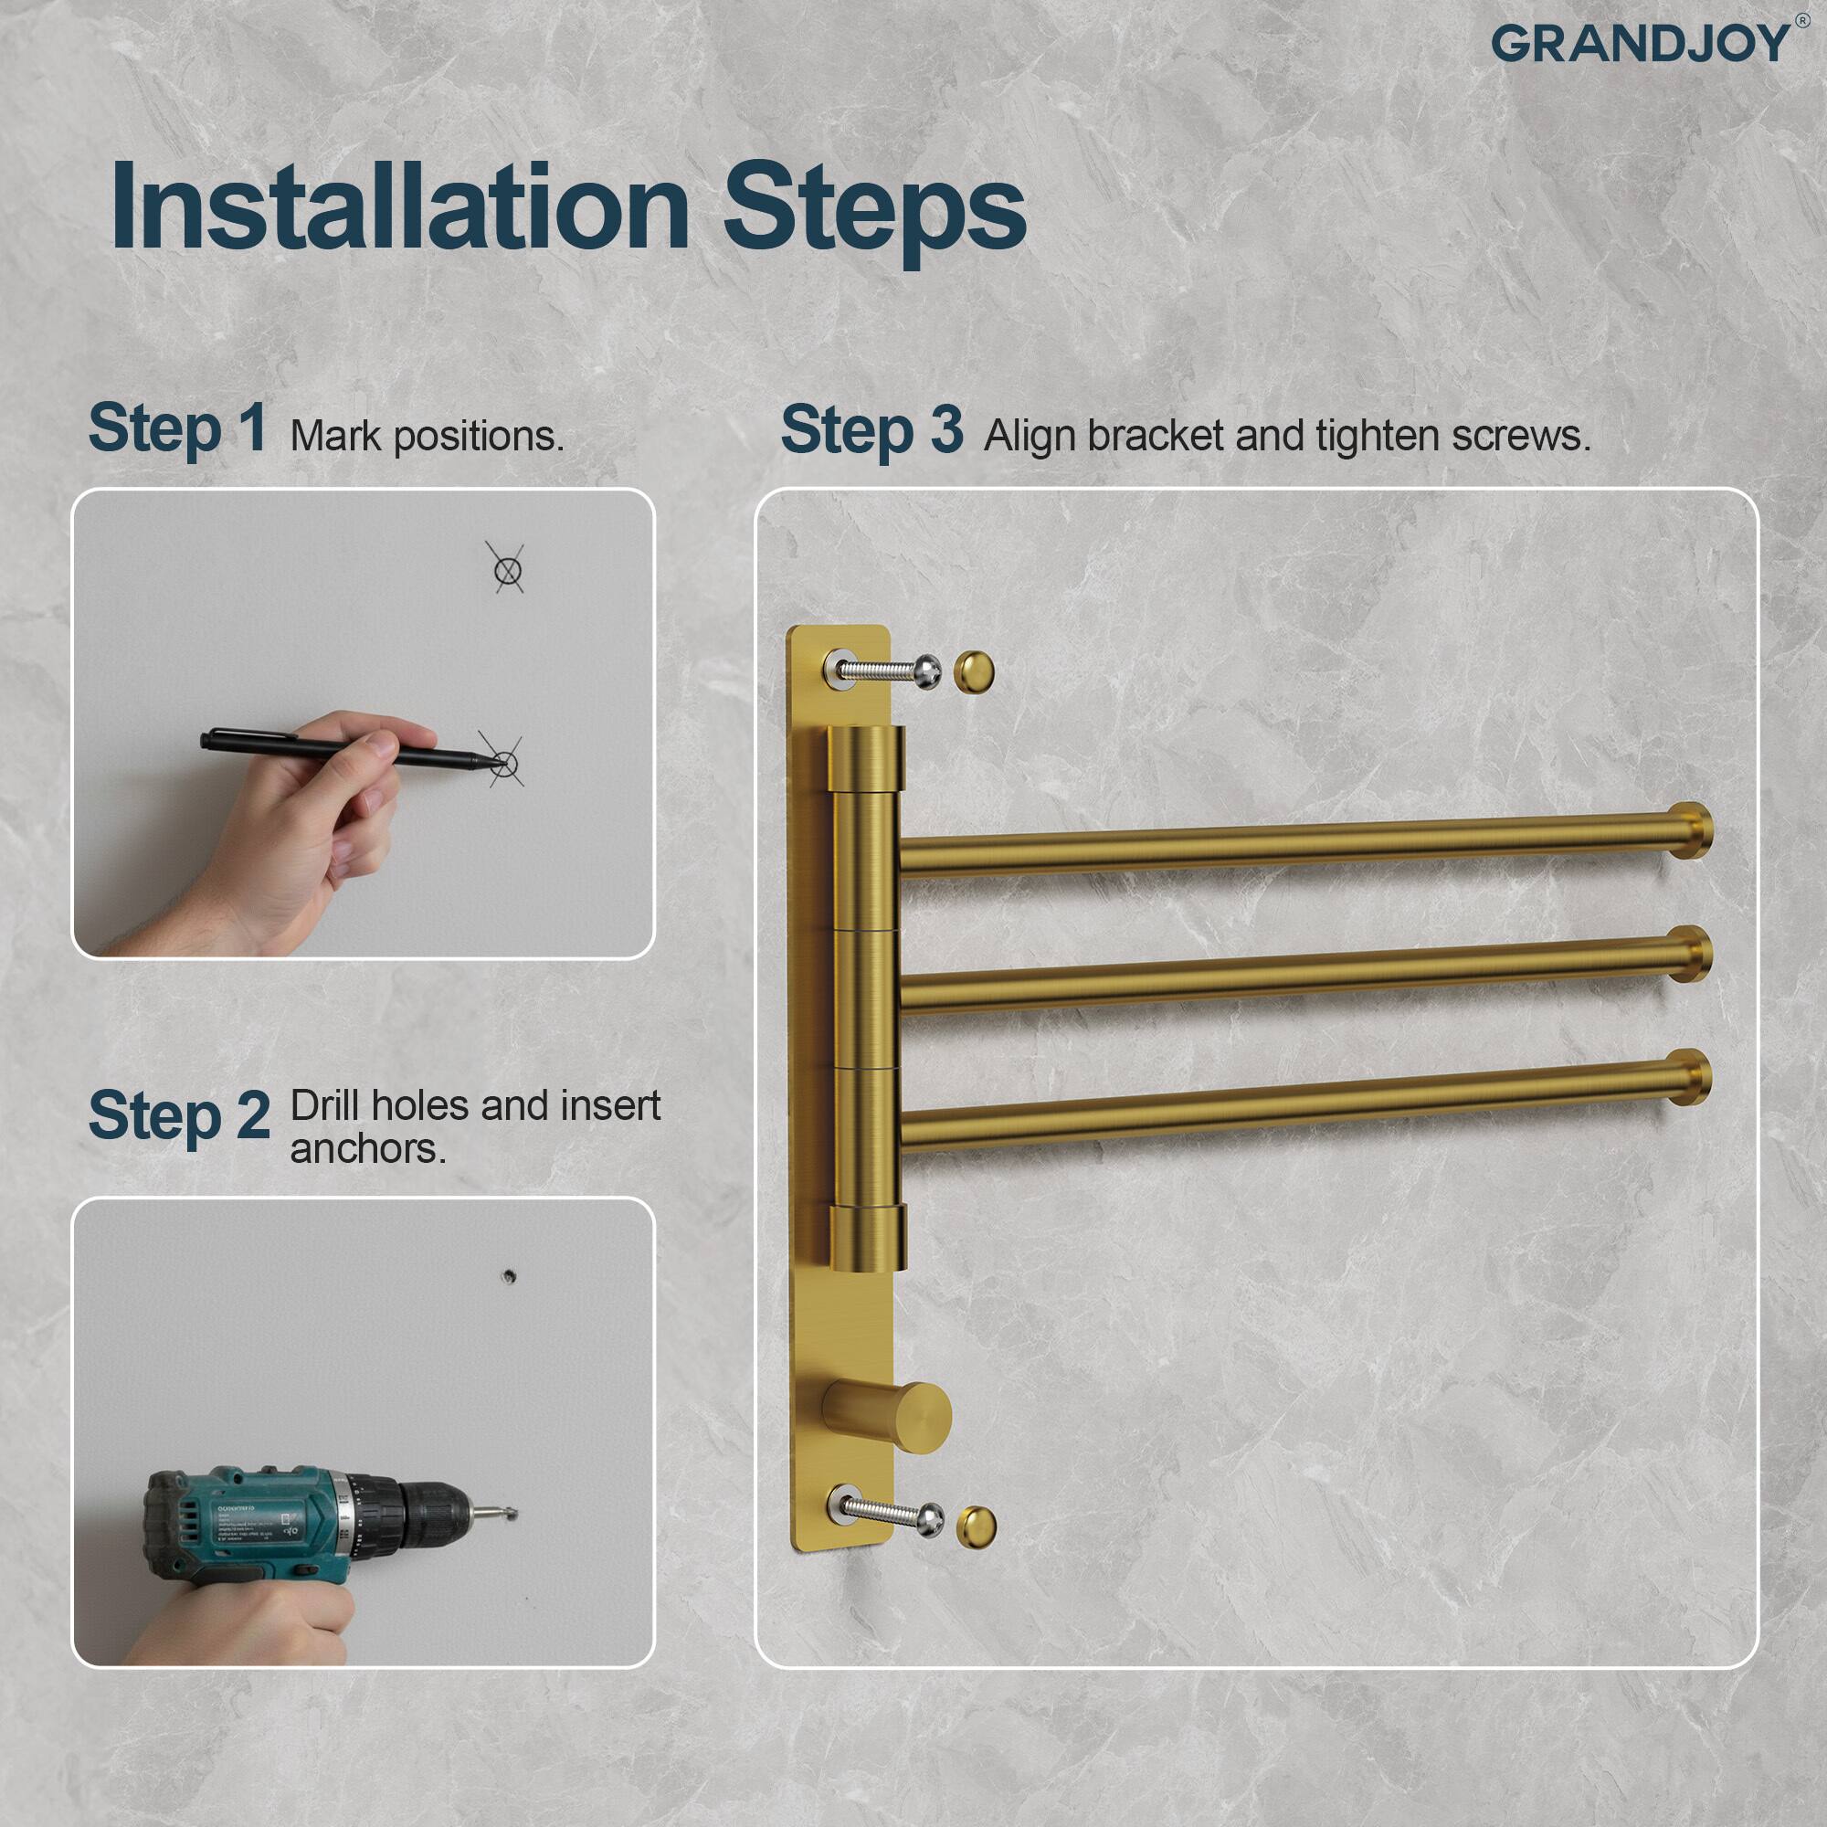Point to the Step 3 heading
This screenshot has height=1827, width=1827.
871,429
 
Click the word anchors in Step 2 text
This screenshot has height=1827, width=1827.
367,1149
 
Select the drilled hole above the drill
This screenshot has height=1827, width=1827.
509,1277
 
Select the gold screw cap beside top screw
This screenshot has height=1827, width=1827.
973,672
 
